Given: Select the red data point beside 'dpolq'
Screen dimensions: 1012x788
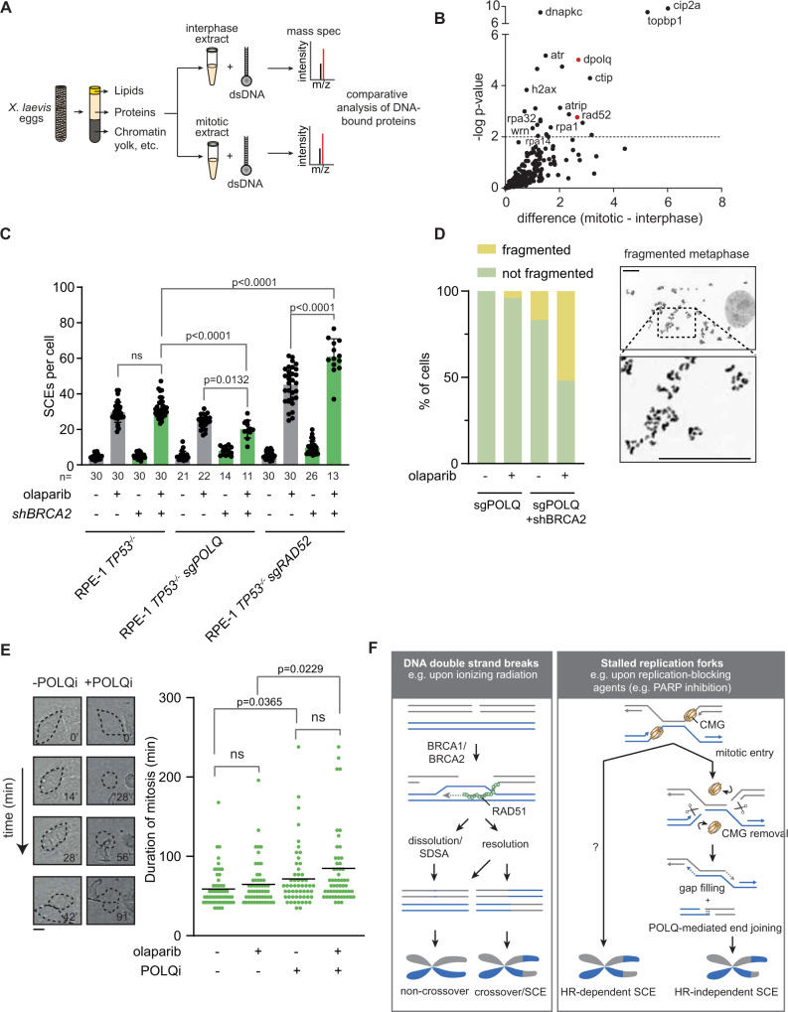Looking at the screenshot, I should (578, 60).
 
